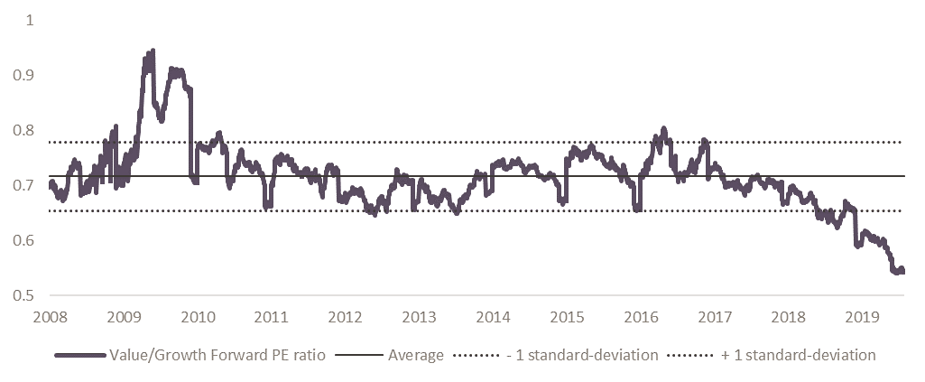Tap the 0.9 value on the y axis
coord(21,75)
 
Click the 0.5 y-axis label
coord(21,296)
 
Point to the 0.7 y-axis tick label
coord(21,186)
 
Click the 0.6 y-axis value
coord(21,241)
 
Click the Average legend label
coord(415,355)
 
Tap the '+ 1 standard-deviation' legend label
coord(799,355)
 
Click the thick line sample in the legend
coord(79,355)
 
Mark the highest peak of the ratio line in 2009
coord(153,51)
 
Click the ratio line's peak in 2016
coord(663,128)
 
